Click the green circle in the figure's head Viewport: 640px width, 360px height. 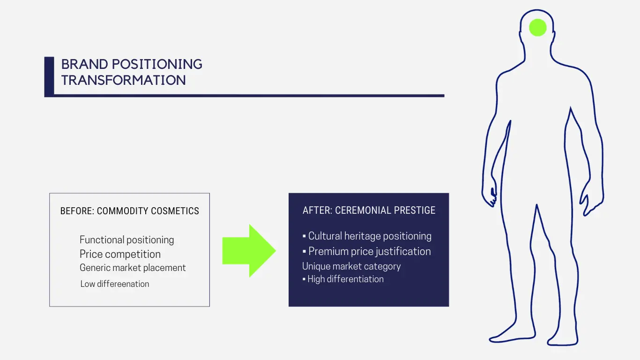click(538, 28)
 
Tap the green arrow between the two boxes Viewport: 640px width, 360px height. click(249, 251)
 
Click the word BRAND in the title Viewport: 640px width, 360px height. click(85, 64)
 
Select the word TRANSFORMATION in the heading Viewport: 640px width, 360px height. click(123, 80)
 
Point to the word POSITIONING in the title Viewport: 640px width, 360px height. click(157, 64)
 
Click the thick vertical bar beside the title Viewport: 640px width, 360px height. click(49, 76)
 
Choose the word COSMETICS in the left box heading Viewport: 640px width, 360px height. click(175, 211)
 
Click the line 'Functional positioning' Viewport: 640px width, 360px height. click(127, 240)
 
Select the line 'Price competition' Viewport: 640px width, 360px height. click(120, 254)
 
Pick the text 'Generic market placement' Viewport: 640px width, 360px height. click(133, 268)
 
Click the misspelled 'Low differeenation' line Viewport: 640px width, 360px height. click(115, 284)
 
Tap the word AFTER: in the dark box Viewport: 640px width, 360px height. click(318, 210)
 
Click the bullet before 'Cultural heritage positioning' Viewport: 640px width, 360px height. click(304, 236)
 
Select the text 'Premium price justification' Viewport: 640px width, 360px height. click(370, 251)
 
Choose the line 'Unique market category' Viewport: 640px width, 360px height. click(351, 266)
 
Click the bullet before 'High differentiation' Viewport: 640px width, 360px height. click(304, 279)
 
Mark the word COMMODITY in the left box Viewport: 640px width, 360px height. click(122, 211)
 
